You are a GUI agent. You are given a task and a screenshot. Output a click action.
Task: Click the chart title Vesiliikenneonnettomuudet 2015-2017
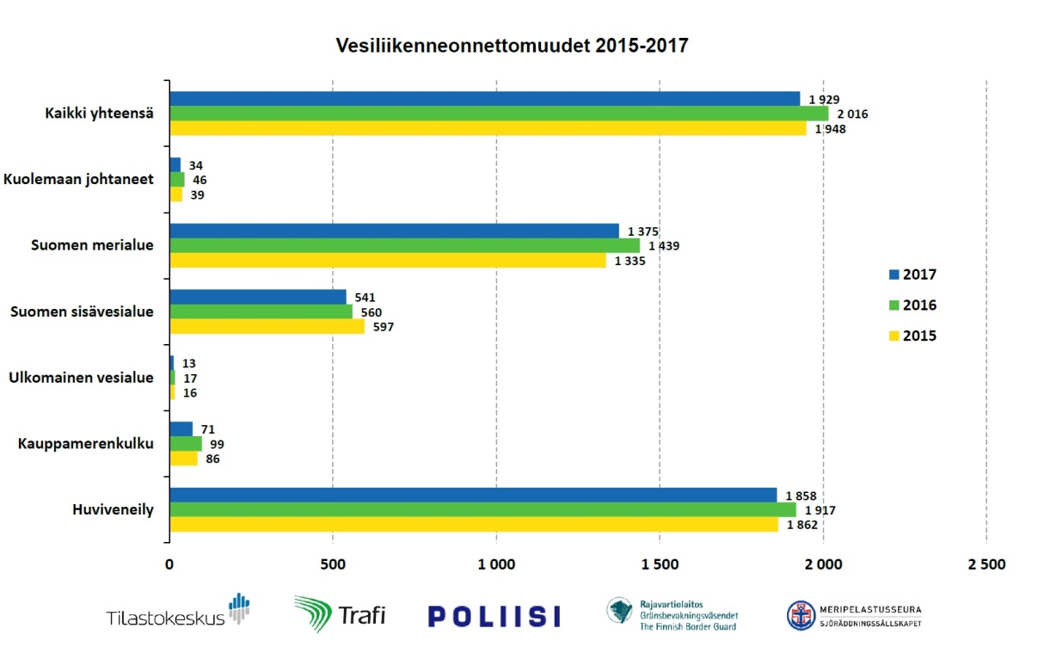tap(513, 46)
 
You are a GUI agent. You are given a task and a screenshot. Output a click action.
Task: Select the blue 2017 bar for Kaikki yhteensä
tap(484, 99)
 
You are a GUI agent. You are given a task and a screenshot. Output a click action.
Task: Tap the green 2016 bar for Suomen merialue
tap(404, 245)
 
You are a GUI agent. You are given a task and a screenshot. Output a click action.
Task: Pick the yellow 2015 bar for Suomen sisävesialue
tap(267, 327)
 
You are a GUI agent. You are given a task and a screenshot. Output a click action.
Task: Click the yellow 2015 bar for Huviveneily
tap(473, 525)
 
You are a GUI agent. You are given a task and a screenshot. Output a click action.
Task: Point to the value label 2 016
tap(851, 114)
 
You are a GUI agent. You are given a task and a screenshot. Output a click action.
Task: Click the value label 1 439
tap(664, 246)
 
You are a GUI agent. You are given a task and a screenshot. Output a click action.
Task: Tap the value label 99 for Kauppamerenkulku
tap(217, 444)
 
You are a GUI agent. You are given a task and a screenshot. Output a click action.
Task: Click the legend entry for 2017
tap(912, 275)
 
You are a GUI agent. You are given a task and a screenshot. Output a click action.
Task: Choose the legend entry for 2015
tap(912, 336)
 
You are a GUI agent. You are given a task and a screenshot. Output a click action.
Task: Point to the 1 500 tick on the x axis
tap(660, 565)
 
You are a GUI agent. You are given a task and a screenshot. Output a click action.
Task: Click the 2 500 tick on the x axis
tap(986, 565)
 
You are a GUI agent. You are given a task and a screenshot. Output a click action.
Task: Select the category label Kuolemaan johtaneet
tap(78, 179)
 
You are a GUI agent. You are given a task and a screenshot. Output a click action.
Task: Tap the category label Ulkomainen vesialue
tap(81, 378)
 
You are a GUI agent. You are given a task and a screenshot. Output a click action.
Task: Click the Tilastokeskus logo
tap(177, 612)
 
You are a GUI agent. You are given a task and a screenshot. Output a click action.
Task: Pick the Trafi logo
tap(340, 614)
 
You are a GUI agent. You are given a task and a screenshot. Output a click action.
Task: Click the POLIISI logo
tap(494, 616)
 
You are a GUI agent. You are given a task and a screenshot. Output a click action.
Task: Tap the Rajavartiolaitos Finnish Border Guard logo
tap(672, 614)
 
